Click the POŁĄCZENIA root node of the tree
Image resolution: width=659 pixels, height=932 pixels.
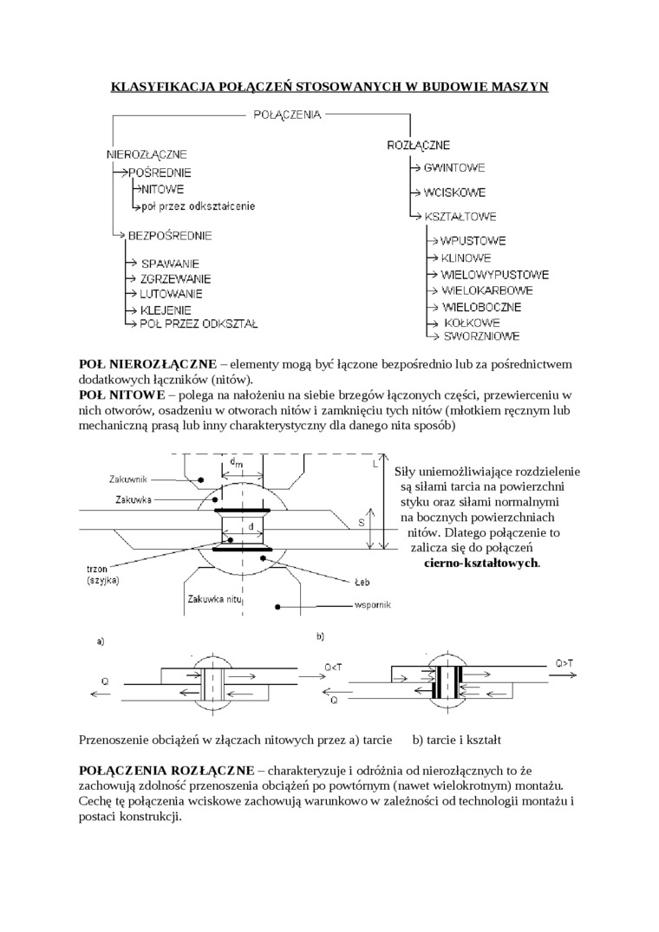point(287,114)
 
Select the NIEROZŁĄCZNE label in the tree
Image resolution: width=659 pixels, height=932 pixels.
point(147,154)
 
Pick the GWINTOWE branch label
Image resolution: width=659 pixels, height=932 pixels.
point(454,167)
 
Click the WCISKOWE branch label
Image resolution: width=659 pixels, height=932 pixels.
point(454,192)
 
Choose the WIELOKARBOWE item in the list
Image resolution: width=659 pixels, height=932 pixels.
point(486,290)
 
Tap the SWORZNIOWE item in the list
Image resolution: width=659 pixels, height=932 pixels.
point(481,335)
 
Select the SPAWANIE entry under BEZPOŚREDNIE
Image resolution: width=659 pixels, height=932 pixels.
point(170,263)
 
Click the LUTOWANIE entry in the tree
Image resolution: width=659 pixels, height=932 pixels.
point(173,294)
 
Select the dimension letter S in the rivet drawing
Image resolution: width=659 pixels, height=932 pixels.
point(361,523)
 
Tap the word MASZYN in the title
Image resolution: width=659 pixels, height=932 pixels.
point(518,87)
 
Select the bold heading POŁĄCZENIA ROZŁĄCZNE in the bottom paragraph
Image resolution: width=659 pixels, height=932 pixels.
point(166,769)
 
